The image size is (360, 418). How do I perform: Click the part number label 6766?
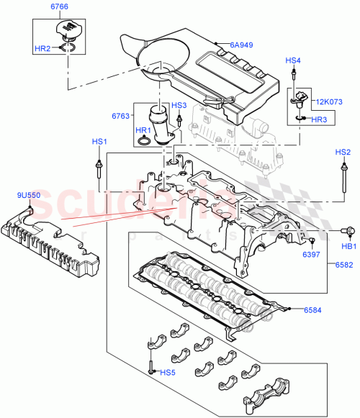60,7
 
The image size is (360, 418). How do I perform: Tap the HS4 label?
294,60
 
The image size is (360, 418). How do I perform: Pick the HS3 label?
179,106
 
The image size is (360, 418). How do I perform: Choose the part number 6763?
121,115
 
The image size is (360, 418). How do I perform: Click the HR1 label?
143,130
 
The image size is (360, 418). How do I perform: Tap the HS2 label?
343,152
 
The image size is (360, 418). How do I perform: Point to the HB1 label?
349,246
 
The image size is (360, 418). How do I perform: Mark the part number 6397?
310,255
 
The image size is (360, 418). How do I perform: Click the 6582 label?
345,265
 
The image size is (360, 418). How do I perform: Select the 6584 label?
312,310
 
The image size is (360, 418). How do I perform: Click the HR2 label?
43,48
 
